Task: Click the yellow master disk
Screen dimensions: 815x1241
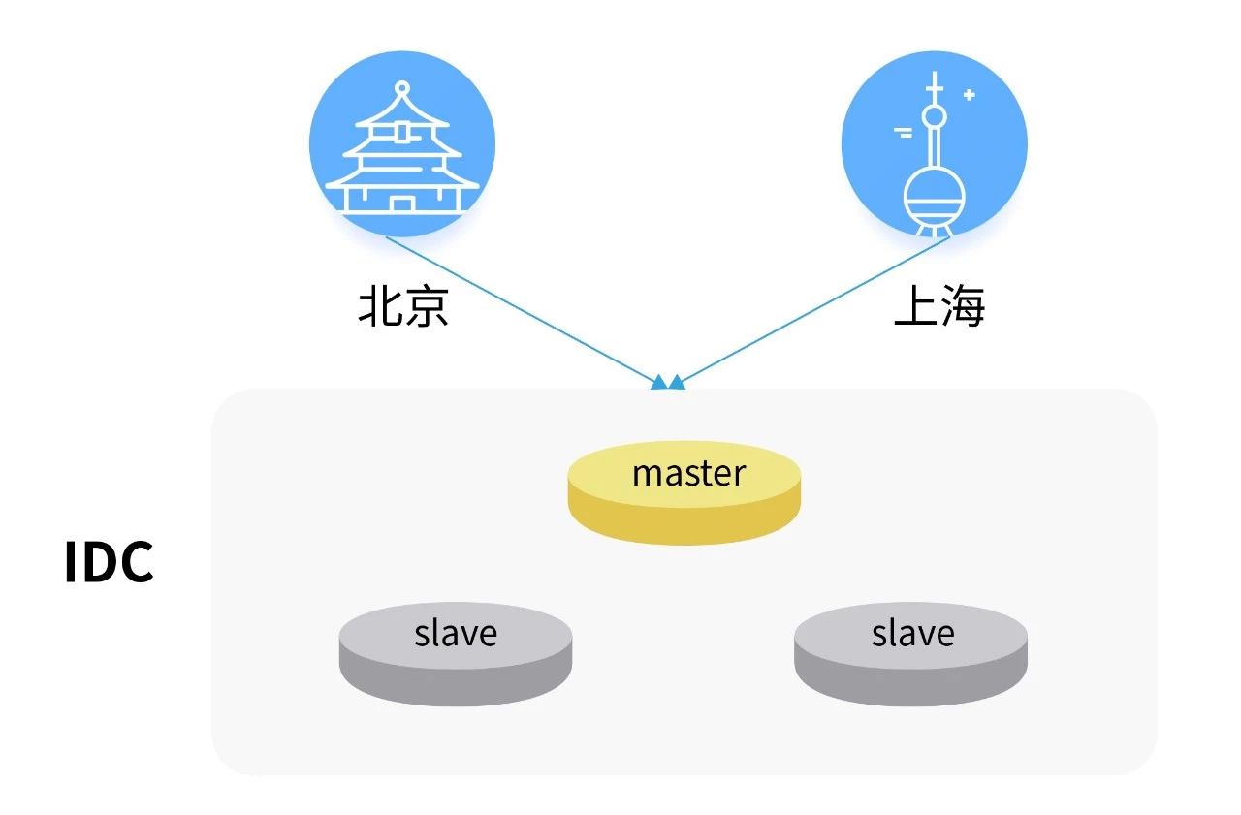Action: (684, 490)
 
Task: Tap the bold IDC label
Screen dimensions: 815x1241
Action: (109, 562)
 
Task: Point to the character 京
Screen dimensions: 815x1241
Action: (427, 307)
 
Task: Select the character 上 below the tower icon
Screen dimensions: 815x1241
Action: (915, 307)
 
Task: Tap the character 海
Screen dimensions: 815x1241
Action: (962, 307)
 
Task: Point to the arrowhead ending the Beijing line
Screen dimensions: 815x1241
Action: (659, 382)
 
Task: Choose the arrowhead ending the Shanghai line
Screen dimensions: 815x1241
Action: (677, 382)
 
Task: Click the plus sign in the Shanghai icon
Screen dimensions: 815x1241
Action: (969, 95)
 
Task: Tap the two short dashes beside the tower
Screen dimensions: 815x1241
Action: (904, 133)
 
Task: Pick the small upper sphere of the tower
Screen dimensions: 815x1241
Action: (934, 117)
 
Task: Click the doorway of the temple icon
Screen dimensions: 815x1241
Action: (401, 203)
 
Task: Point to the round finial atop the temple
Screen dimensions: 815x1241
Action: (401, 88)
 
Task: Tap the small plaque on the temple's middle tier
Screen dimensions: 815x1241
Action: (401, 133)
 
